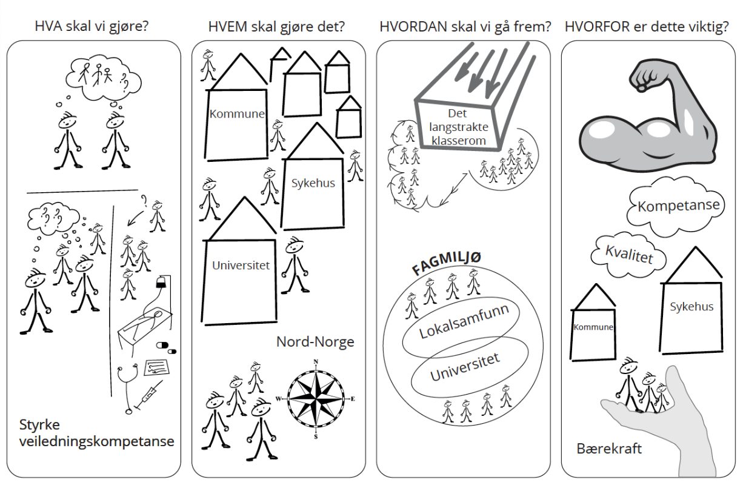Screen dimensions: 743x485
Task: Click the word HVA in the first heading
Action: pos(48,26)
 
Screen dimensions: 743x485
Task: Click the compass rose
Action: pos(316,399)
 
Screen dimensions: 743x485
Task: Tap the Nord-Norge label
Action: pos(315,342)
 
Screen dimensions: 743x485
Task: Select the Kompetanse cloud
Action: pos(678,206)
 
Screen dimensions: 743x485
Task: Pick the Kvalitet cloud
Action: pos(628,255)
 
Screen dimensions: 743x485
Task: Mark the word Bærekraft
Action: pos(609,449)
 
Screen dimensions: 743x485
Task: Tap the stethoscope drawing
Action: pos(127,388)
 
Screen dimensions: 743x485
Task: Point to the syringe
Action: pos(148,395)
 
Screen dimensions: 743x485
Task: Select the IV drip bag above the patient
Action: pos(161,283)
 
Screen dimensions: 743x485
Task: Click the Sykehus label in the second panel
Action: pos(313,183)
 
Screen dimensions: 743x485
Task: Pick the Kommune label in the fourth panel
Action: pos(593,327)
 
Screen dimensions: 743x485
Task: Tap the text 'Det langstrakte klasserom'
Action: pos(458,127)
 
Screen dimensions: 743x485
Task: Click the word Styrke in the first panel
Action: pos(39,425)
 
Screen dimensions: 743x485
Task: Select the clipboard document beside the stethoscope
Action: pos(156,367)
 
